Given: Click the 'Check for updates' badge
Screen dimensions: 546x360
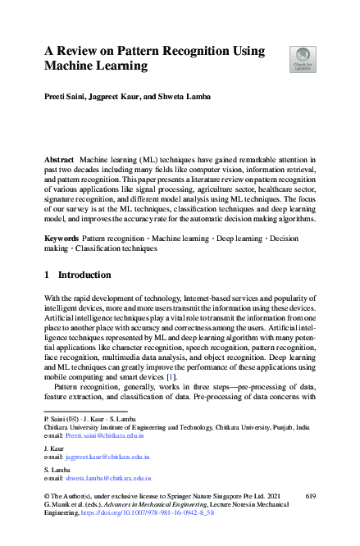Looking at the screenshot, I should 303,59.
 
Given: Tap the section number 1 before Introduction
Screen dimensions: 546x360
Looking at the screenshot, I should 47,274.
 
